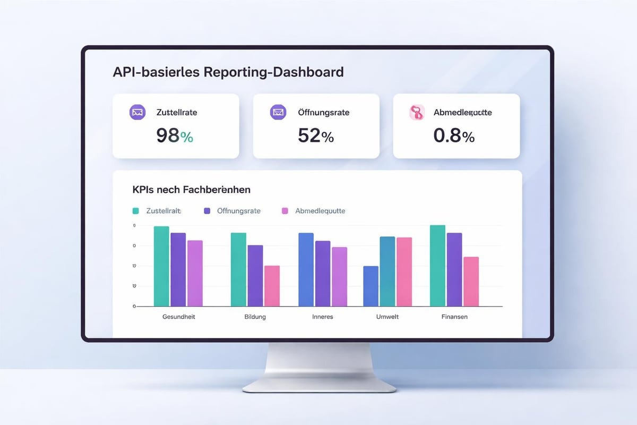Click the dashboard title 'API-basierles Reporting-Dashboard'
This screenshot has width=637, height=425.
click(228, 72)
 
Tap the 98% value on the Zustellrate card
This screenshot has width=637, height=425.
click(175, 135)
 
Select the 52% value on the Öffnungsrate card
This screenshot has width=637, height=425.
click(315, 135)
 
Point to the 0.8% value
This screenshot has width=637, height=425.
click(454, 135)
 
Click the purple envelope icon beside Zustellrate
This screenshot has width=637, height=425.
click(137, 112)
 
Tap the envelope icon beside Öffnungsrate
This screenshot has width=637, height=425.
click(278, 112)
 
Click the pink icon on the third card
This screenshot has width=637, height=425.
click(417, 112)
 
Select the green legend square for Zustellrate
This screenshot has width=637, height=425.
click(135, 211)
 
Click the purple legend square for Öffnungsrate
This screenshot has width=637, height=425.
click(208, 211)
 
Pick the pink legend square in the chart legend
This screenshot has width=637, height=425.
click(285, 211)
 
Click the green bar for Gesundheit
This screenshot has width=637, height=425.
click(161, 266)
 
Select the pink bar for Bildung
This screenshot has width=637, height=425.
click(272, 286)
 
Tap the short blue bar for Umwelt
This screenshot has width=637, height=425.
click(371, 286)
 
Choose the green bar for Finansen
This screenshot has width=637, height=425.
click(437, 266)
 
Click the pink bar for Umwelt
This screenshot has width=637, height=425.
click(404, 271)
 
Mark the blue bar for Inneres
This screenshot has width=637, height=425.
click(306, 269)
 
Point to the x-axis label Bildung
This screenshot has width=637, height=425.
click(255, 317)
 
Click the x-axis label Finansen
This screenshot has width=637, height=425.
click(454, 317)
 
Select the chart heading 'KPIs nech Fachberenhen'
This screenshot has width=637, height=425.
click(191, 189)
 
